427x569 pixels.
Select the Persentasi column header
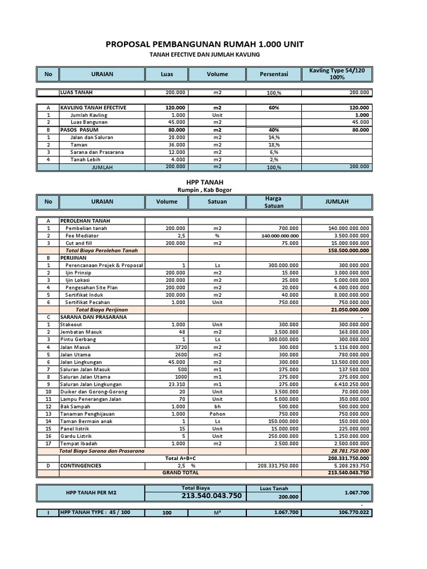pos(274,74)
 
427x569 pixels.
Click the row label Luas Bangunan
pos(89,122)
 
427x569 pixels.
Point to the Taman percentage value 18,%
pos(274,144)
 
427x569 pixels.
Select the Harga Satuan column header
pos(274,202)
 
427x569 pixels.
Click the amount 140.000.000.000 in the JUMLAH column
pos(348,228)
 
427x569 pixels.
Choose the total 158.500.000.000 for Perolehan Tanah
pos(348,250)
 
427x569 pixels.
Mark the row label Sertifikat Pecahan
pos(90,302)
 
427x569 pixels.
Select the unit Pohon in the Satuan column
pos(217,413)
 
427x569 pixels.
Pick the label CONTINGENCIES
pos(81,465)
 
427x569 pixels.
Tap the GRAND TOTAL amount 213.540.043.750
pos(348,472)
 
